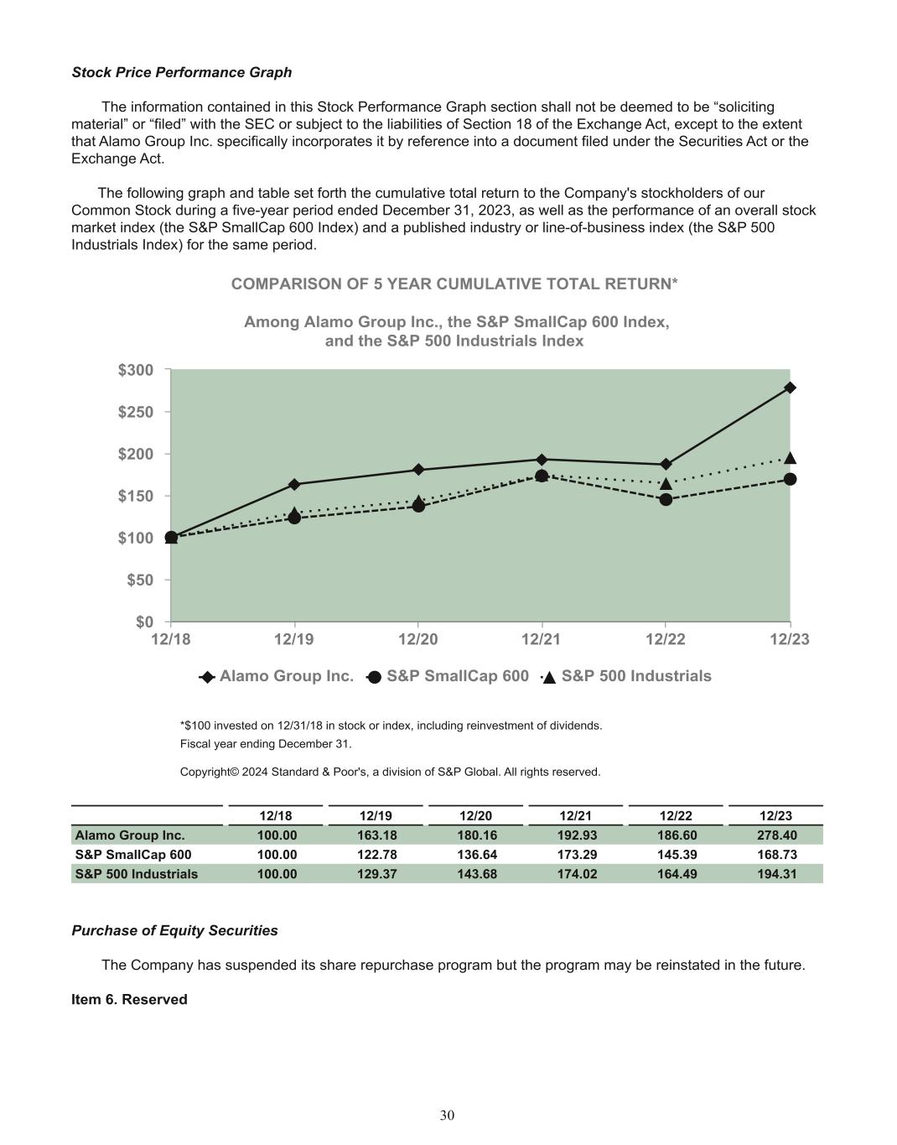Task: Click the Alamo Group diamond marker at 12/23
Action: pyautogui.click(x=790, y=388)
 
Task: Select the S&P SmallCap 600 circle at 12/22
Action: pyautogui.click(x=666, y=499)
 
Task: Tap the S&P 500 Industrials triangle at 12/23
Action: pyautogui.click(x=790, y=458)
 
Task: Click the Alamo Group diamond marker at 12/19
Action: pyautogui.click(x=294, y=484)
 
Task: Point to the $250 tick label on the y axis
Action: pyautogui.click(x=136, y=412)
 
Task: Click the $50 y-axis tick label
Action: pyautogui.click(x=140, y=580)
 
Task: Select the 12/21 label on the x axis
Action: pyautogui.click(x=541, y=640)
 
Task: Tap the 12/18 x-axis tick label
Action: pyautogui.click(x=170, y=640)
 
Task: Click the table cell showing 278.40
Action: pyautogui.click(x=775, y=835)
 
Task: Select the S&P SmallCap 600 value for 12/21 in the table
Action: pyautogui.click(x=577, y=855)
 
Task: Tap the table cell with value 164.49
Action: pyautogui.click(x=676, y=874)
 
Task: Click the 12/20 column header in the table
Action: pyautogui.click(x=475, y=816)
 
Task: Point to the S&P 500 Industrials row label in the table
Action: pyautogui.click(x=137, y=874)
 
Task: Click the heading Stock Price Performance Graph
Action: pyautogui.click(x=182, y=72)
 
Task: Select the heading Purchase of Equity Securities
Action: pyautogui.click(x=174, y=930)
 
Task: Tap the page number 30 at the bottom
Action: pyautogui.click(x=448, y=1115)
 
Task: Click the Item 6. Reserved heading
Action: pyautogui.click(x=129, y=999)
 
